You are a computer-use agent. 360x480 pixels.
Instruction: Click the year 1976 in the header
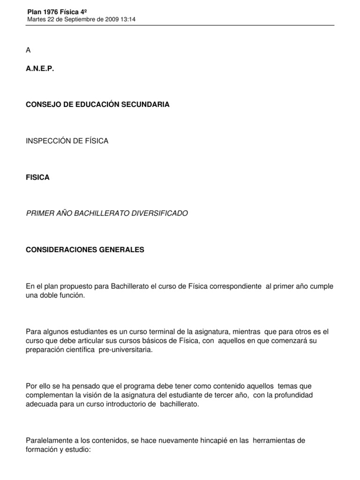point(51,11)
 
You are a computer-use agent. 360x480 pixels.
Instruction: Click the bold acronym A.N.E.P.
point(40,68)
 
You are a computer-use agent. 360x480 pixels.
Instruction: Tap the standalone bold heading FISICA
point(38,177)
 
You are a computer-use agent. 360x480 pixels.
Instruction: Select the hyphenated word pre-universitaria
point(126,350)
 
